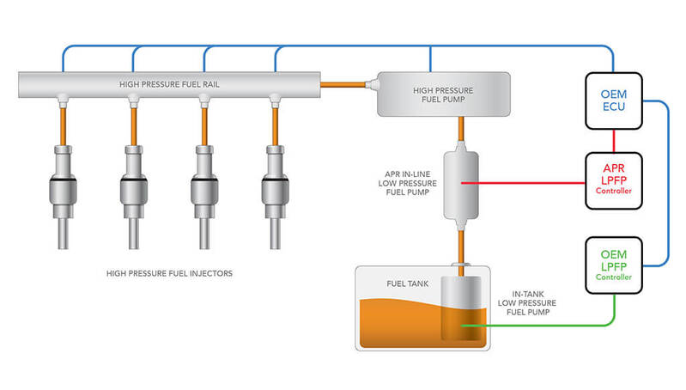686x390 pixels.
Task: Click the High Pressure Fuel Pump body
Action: [x=443, y=93]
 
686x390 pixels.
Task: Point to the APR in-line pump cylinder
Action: [x=461, y=183]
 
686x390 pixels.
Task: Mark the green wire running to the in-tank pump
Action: [x=549, y=326]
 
